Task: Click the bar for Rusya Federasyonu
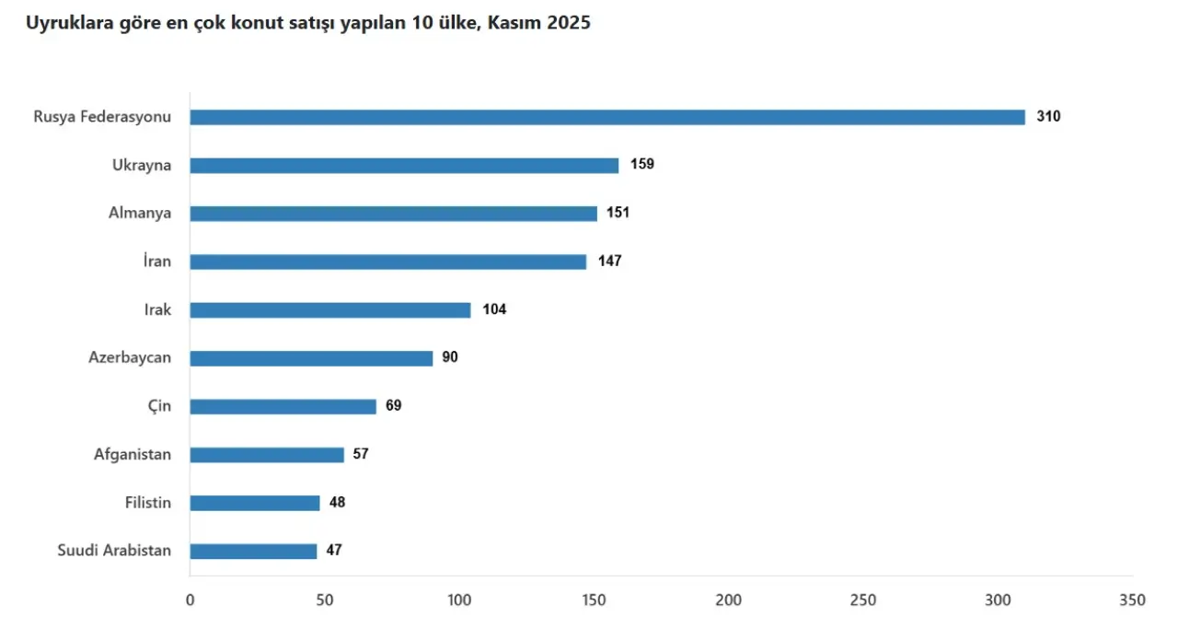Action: (x=607, y=117)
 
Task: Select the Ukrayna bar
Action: (x=404, y=166)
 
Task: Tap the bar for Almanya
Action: (x=394, y=214)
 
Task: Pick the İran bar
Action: (x=388, y=262)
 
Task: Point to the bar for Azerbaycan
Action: (x=311, y=358)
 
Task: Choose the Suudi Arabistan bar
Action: (x=253, y=551)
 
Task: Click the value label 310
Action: (x=1048, y=117)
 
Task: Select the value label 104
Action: (x=494, y=309)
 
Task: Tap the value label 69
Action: (x=394, y=406)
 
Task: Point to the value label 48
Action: (x=338, y=503)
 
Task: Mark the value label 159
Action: (x=642, y=165)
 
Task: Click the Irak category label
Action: (x=157, y=310)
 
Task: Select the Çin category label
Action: (x=159, y=406)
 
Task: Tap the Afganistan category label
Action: (x=133, y=454)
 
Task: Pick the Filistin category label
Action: (x=148, y=503)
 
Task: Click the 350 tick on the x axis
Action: (x=1133, y=600)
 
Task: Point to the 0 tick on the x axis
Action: (x=191, y=600)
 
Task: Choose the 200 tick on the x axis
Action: (x=729, y=600)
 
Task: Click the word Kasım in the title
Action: (x=516, y=23)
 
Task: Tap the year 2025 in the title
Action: (x=569, y=23)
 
